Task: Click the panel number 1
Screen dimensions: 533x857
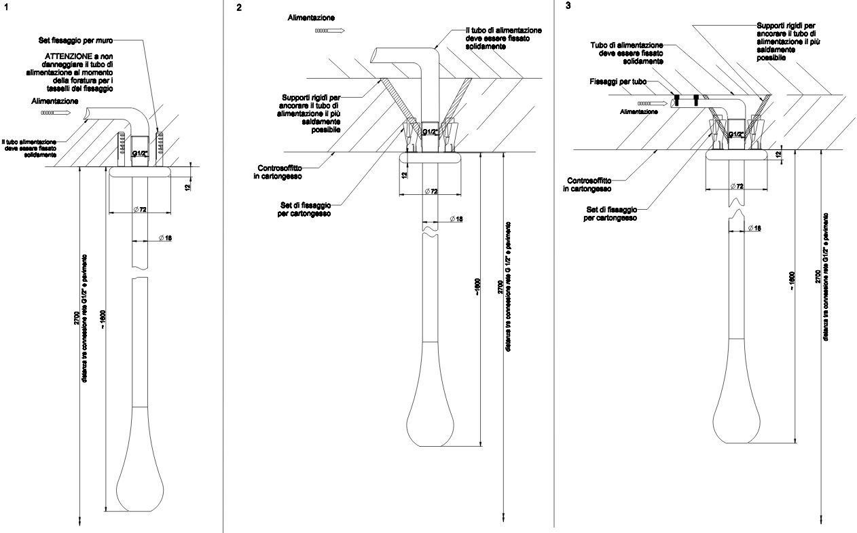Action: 5,7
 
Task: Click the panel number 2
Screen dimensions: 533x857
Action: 238,8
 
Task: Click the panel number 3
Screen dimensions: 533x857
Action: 558,6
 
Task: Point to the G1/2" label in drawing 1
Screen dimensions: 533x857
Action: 139,154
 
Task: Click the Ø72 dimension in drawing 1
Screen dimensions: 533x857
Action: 141,210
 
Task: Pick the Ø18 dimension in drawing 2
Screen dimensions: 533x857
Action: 456,219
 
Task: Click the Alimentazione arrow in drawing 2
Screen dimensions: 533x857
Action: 331,30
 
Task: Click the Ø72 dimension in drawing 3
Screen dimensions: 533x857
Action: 737,186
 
